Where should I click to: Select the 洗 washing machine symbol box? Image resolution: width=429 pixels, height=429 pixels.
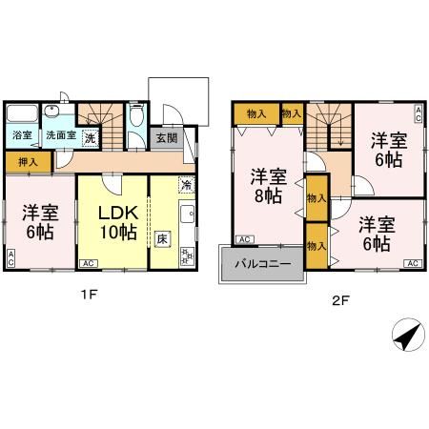tap(91, 137)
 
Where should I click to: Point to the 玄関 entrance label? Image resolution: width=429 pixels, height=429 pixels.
tap(166, 137)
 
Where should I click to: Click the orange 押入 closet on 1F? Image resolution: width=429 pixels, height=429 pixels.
tap(28, 163)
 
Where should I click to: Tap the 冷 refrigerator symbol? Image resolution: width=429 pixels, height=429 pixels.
tap(187, 184)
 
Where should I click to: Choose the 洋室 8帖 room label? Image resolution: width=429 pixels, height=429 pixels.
tap(266, 184)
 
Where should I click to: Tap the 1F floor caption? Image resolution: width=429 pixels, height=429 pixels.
tap(88, 295)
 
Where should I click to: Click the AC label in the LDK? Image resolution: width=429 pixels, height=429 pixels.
tap(86, 262)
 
